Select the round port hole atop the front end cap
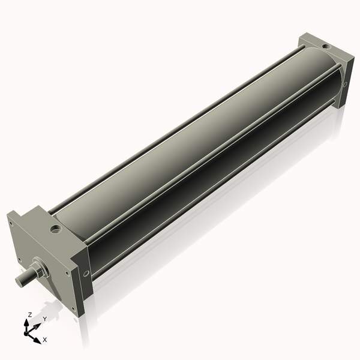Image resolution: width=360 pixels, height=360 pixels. click(56, 229)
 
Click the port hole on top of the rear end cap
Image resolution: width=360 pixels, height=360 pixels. click(325, 46)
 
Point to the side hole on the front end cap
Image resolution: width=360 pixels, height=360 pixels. click(86, 274)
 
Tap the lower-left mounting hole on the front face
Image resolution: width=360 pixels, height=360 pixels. click(20, 259)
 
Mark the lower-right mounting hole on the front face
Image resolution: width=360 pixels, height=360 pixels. click(74, 310)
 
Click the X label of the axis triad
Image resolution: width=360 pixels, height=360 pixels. click(44, 340)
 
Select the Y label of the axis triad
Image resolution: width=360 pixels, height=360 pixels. click(44, 319)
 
